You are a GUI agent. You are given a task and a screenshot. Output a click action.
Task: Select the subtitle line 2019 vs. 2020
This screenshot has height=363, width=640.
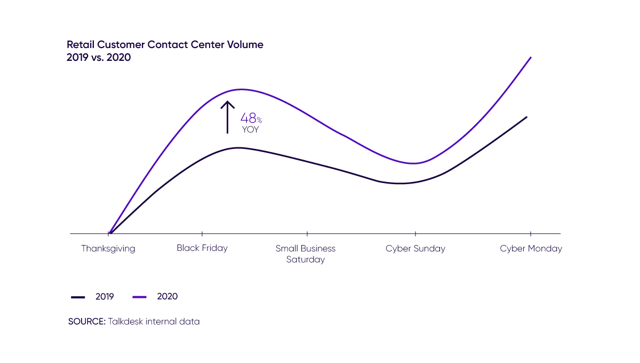tap(99, 57)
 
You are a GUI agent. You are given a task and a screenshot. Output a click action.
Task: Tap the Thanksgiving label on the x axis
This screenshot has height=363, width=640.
tap(109, 249)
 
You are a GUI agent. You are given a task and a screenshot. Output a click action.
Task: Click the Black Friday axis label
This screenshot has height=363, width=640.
tap(203, 249)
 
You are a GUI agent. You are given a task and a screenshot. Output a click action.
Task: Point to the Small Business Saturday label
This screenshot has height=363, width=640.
tap(306, 254)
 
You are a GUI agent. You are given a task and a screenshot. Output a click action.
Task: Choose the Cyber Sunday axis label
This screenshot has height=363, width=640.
tap(415, 249)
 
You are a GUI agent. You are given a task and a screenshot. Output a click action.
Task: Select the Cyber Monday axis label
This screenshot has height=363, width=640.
tap(531, 249)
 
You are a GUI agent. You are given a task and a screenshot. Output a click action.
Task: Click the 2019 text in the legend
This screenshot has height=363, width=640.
tap(105, 296)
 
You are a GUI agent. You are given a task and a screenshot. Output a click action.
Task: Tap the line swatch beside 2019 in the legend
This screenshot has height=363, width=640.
tap(77, 296)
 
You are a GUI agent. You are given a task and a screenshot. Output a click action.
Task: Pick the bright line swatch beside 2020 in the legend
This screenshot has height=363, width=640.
tap(141, 296)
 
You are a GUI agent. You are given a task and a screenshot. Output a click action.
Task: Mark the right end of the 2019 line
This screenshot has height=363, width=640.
tap(528, 116)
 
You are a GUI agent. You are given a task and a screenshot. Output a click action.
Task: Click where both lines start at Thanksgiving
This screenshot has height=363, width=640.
tap(109, 233)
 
